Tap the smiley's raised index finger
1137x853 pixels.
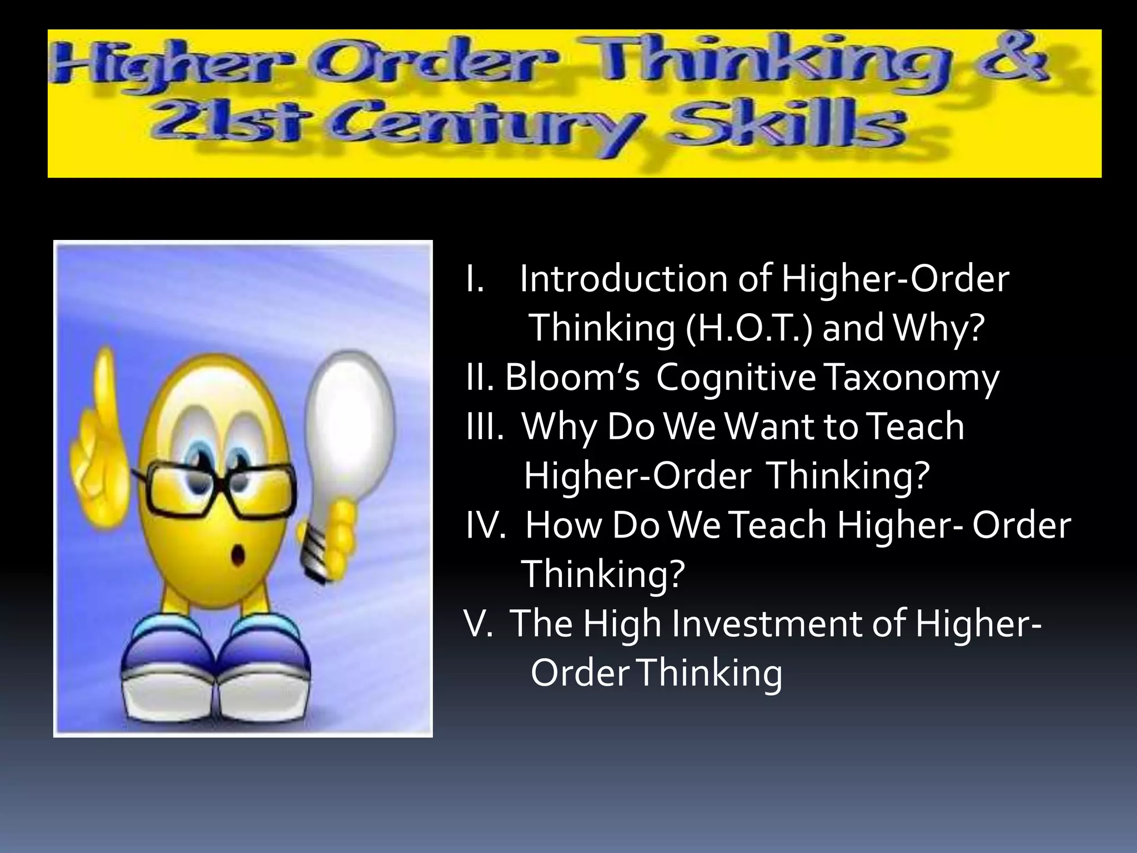pyautogui.click(x=103, y=383)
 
